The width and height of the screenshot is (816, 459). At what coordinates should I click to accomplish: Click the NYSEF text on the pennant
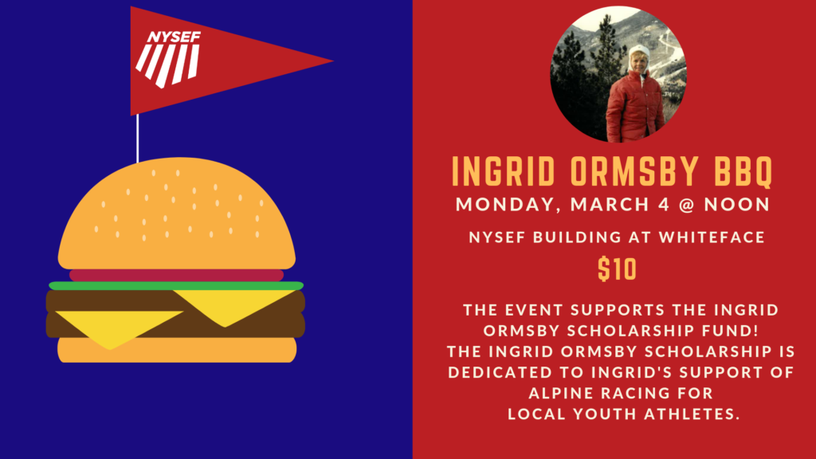pyautogui.click(x=174, y=37)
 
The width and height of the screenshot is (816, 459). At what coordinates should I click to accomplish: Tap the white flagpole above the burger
pyautogui.click(x=137, y=139)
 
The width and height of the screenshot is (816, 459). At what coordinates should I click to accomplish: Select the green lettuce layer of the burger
pyautogui.click(x=176, y=286)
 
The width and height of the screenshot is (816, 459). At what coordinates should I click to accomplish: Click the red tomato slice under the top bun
pyautogui.click(x=176, y=275)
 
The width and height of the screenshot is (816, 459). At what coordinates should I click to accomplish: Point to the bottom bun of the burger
pyautogui.click(x=177, y=350)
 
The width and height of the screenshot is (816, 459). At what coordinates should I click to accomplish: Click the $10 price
pyautogui.click(x=618, y=269)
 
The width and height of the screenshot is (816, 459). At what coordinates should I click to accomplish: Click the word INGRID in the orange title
pyautogui.click(x=504, y=171)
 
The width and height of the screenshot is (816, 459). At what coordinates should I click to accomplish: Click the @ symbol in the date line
pyautogui.click(x=686, y=205)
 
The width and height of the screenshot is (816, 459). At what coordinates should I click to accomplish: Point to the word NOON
pyautogui.click(x=737, y=205)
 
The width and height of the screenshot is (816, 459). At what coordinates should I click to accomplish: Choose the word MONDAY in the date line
pyautogui.click(x=508, y=205)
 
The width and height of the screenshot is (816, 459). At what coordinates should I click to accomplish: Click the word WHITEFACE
pyautogui.click(x=712, y=237)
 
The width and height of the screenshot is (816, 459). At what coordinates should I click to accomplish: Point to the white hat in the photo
pyautogui.click(x=638, y=52)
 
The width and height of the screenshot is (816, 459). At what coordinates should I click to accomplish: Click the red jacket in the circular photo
pyautogui.click(x=634, y=107)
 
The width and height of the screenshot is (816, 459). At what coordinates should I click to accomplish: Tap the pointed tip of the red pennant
pyautogui.click(x=333, y=61)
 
